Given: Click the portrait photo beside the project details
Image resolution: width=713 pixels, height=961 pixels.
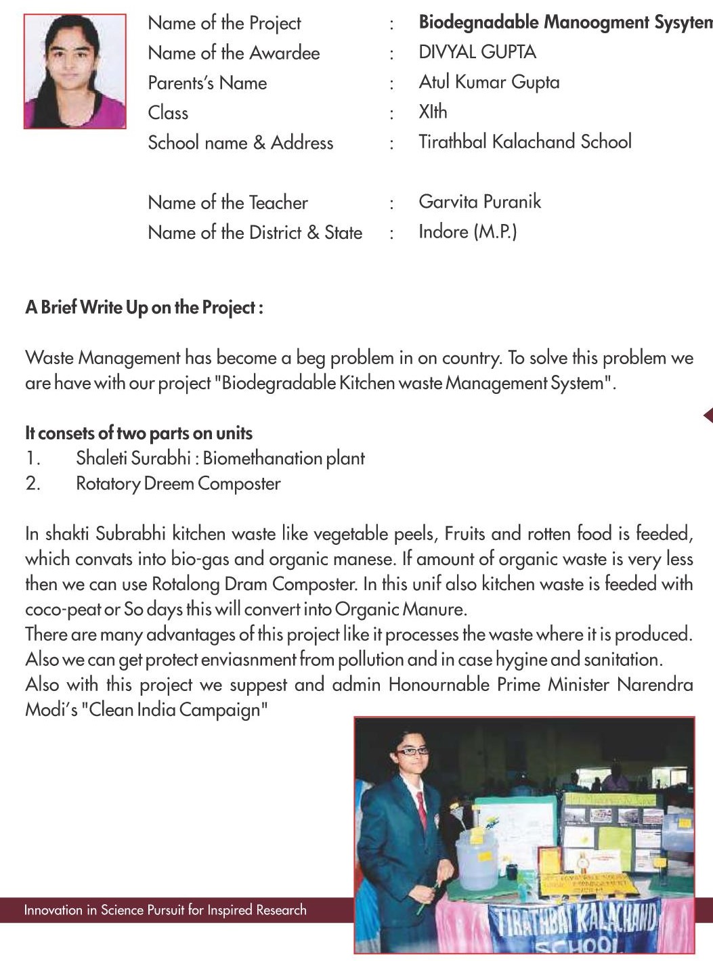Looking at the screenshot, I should coord(74,71).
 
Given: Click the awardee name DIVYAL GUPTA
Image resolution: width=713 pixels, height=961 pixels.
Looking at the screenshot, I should coord(477,52).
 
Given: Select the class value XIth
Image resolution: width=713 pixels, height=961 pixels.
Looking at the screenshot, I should coord(433,112).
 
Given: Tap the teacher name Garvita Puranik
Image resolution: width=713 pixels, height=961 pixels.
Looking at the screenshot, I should coord(479,202).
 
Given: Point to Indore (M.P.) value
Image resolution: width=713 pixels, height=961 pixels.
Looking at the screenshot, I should coord(467,231).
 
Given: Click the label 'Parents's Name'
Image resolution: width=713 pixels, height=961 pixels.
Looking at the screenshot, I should coord(207,83).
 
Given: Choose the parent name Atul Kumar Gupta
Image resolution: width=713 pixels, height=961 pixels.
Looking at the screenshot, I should coord(489,82).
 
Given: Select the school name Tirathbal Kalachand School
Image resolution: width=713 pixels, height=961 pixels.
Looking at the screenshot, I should coord(525,141).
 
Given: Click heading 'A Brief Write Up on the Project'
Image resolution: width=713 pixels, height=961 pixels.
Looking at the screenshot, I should coord(144,307).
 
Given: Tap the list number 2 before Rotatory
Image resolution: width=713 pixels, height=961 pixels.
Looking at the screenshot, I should coord(33,484).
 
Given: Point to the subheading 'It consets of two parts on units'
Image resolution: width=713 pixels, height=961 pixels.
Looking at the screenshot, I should coord(138,433).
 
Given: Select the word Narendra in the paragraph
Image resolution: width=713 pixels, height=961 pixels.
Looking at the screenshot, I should coord(655,684).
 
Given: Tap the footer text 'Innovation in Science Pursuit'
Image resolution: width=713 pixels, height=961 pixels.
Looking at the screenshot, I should coord(165,910).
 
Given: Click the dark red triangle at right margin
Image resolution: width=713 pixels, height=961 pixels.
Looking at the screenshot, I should coord(708,415).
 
